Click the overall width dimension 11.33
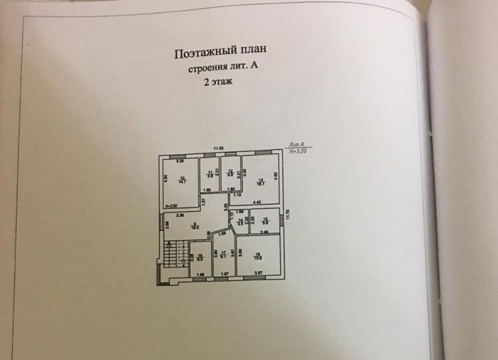[x=218, y=148]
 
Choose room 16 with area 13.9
[x=257, y=256]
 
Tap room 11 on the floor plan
[x=210, y=174]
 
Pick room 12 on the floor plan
[x=230, y=174]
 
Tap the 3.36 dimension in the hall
[x=180, y=215]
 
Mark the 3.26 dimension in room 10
[x=180, y=161]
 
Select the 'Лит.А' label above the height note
[x=297, y=144]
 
